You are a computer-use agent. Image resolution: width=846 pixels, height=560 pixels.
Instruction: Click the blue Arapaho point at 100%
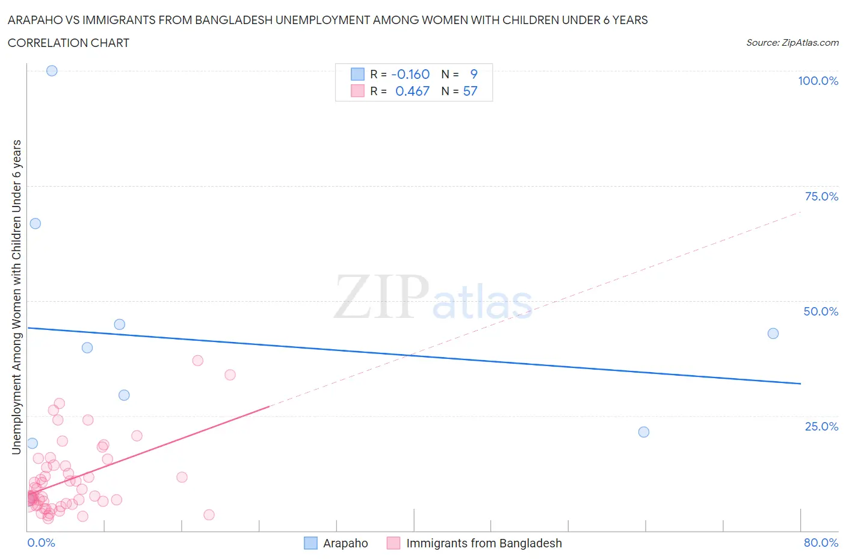52,70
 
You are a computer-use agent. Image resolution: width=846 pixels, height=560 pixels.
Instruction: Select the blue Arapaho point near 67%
36,223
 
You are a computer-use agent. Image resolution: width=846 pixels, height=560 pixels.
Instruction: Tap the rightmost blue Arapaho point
773,334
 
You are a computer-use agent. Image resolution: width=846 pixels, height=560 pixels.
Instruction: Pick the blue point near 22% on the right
644,432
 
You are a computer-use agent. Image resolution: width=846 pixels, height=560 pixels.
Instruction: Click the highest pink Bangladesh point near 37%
198,361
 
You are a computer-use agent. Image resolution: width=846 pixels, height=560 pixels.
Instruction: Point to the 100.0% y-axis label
818,81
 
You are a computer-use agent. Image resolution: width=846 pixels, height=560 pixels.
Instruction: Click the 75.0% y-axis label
821,196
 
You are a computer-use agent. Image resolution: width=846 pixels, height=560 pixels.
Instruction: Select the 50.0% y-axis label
821,311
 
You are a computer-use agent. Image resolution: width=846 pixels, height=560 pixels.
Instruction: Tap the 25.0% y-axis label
821,426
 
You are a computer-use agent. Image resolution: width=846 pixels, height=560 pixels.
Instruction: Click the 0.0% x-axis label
41,543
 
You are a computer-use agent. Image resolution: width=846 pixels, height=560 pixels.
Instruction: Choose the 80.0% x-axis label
821,543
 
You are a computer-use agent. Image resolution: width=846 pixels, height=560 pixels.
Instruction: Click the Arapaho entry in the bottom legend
345,543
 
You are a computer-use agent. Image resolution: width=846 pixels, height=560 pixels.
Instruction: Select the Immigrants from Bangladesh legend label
484,543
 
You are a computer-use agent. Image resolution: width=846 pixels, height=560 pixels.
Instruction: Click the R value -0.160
410,74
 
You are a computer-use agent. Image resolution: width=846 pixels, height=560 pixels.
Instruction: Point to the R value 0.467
412,91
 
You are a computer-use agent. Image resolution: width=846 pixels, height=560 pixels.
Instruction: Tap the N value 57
470,91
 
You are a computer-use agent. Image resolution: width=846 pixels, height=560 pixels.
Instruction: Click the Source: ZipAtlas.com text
792,42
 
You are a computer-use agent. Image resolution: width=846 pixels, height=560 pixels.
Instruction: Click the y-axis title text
16,297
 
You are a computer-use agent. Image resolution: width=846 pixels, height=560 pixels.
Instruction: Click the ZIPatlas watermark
433,297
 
